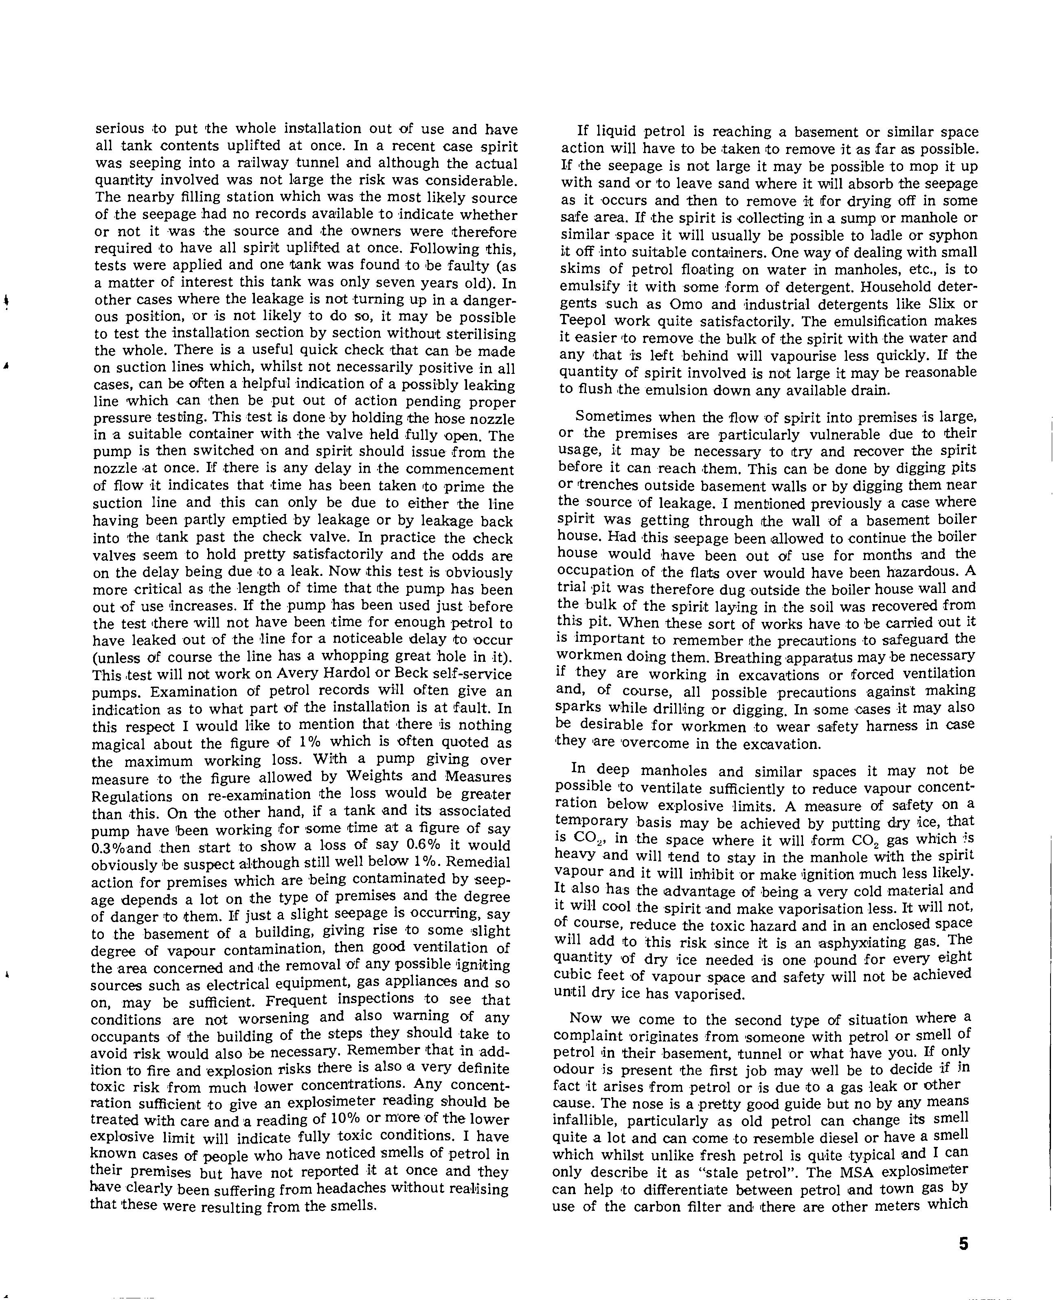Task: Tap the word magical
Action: pos(119,744)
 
